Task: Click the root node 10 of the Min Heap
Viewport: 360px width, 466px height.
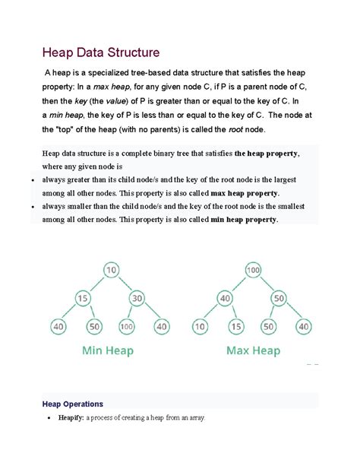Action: tap(111, 270)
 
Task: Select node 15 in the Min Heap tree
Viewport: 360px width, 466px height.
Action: tap(83, 299)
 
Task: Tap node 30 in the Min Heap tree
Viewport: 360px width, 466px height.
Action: tap(138, 299)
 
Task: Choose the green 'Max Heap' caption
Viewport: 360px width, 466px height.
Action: tap(253, 351)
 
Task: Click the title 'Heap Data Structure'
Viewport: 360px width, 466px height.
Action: tap(100, 53)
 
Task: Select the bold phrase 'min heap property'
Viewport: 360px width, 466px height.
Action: tap(241, 220)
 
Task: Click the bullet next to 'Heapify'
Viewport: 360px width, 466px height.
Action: tap(48, 419)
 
